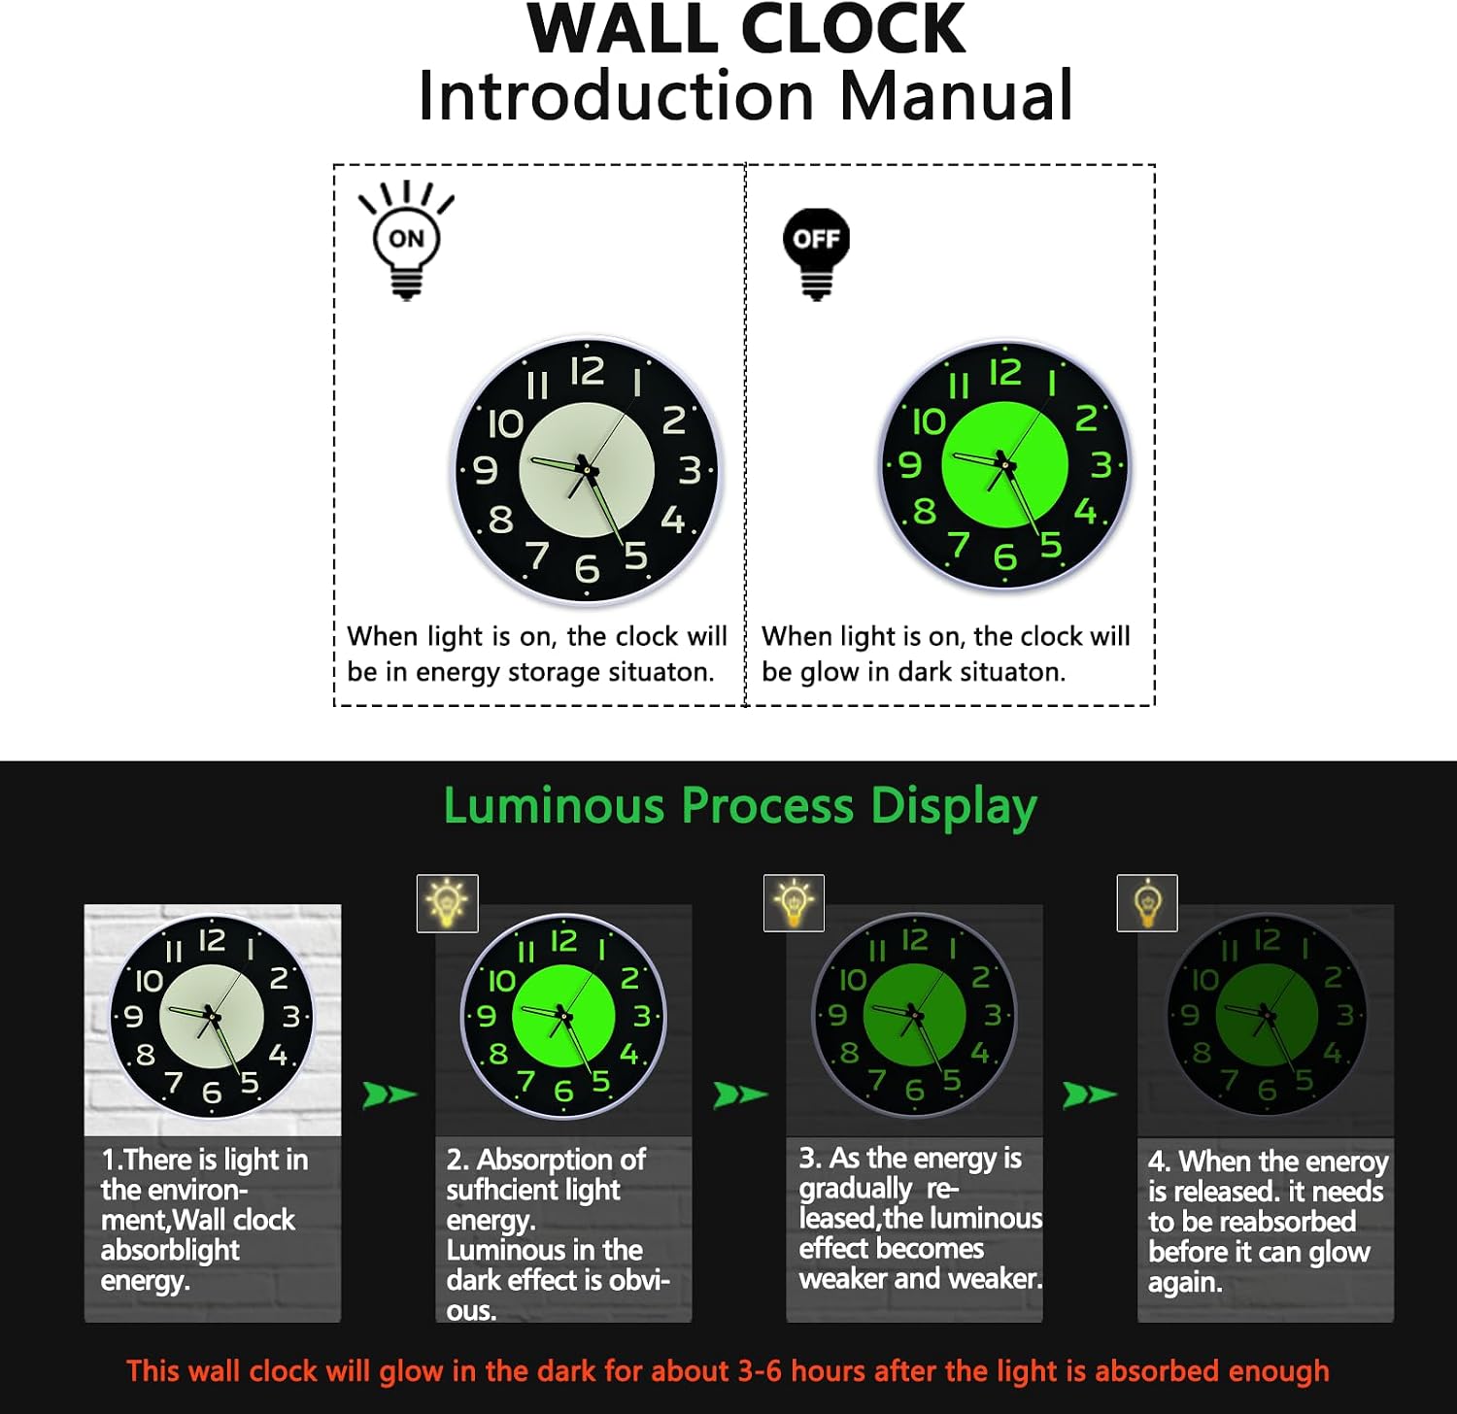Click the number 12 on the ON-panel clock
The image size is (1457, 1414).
pyautogui.click(x=587, y=371)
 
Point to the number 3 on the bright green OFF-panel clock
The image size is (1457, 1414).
pyautogui.click(x=1101, y=464)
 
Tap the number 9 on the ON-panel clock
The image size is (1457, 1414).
pyautogui.click(x=485, y=470)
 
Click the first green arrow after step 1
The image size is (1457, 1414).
pyautogui.click(x=390, y=1094)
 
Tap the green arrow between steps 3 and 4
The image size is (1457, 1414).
pyautogui.click(x=1090, y=1094)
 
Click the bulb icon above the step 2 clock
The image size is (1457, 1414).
pyautogui.click(x=447, y=903)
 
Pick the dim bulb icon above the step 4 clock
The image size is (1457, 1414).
pyautogui.click(x=1147, y=903)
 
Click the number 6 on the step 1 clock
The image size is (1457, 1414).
pyautogui.click(x=211, y=1094)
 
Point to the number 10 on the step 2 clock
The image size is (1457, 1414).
pyautogui.click(x=501, y=981)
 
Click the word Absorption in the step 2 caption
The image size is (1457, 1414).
pyautogui.click(x=561, y=1160)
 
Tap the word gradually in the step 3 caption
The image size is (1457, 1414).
pyautogui.click(x=855, y=1189)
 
